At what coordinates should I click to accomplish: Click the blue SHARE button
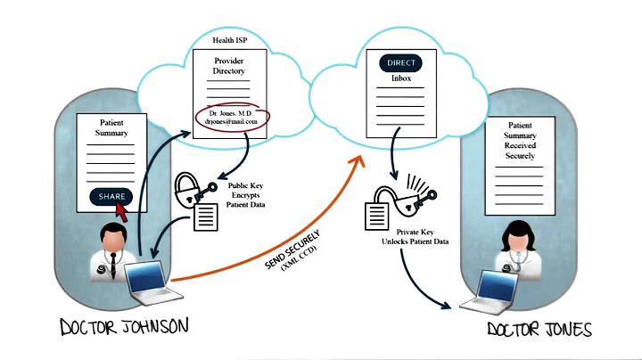click(x=111, y=196)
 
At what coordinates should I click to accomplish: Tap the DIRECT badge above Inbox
click(x=400, y=63)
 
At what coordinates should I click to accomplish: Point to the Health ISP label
click(x=229, y=41)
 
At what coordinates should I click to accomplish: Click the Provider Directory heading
click(x=229, y=66)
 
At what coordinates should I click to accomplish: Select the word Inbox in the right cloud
click(x=400, y=78)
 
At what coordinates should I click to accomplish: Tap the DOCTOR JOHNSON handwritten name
click(x=124, y=326)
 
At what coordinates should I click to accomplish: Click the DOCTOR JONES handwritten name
click(x=539, y=330)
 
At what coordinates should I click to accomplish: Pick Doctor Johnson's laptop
click(x=144, y=280)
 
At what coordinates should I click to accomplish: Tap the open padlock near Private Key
click(x=393, y=198)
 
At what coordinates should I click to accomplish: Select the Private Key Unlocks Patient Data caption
click(x=410, y=235)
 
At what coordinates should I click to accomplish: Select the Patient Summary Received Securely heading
click(x=520, y=141)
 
